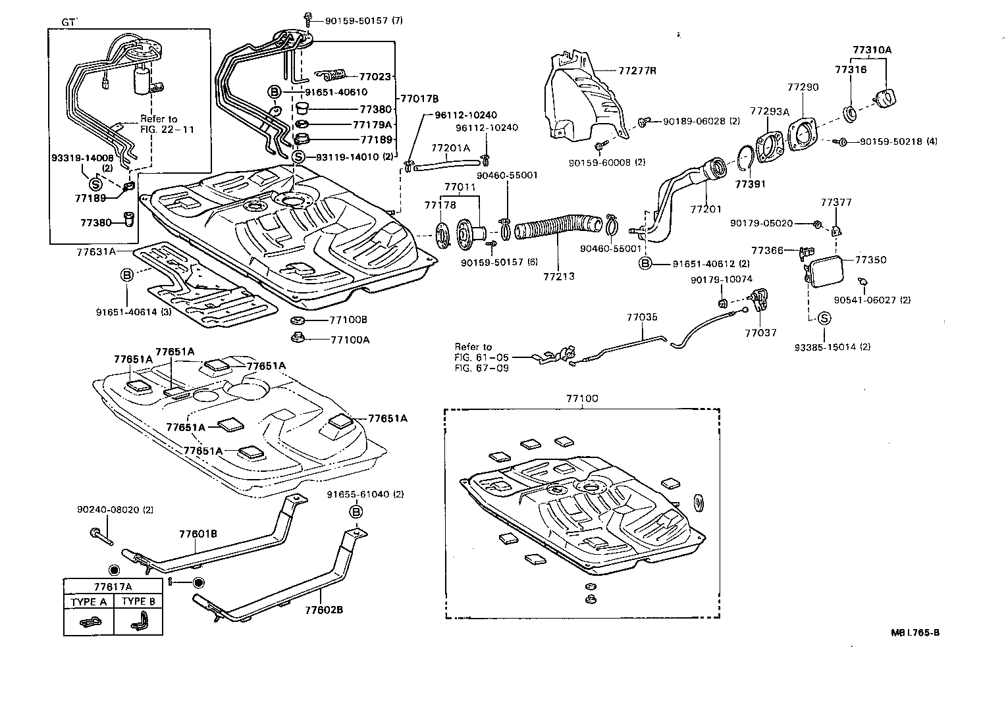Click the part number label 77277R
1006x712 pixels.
click(x=637, y=70)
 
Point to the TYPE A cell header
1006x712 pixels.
click(x=88, y=601)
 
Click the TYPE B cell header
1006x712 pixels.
click(x=138, y=601)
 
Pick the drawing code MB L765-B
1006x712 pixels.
click(x=914, y=633)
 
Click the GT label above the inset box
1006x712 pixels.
click(x=69, y=22)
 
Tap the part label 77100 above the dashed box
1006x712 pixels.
click(x=582, y=399)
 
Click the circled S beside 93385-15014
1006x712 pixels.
click(x=824, y=318)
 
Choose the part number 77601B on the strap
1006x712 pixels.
click(x=198, y=534)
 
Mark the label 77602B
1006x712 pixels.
click(x=323, y=609)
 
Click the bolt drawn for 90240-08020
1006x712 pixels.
click(x=100, y=535)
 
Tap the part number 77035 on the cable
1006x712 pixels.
click(x=641, y=317)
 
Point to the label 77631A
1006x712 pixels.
click(x=95, y=251)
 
